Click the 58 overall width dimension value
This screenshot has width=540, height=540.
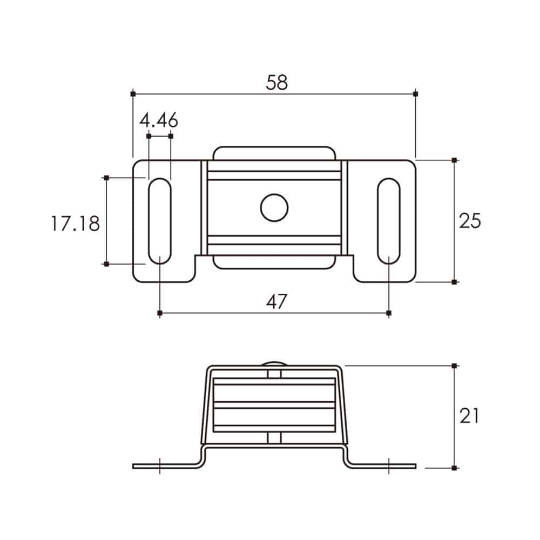pyautogui.click(x=276, y=83)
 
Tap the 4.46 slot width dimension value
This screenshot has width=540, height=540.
pyautogui.click(x=159, y=120)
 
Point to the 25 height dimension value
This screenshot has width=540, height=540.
pyautogui.click(x=470, y=221)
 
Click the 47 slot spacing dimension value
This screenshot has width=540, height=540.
pyautogui.click(x=276, y=302)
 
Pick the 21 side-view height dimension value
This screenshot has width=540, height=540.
pyautogui.click(x=469, y=416)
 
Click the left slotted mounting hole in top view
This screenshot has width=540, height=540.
pyautogui.click(x=160, y=221)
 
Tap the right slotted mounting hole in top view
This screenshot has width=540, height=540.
pyautogui.click(x=389, y=221)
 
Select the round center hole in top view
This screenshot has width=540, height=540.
pyautogui.click(x=274, y=208)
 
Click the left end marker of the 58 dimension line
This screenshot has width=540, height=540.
pyautogui.click(x=133, y=93)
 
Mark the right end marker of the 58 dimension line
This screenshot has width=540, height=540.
pyautogui.click(x=416, y=93)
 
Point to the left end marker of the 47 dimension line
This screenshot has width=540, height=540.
pyautogui.click(x=160, y=313)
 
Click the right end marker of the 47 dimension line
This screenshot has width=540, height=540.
pyautogui.click(x=389, y=313)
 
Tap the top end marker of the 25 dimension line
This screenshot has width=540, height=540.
pyautogui.click(x=454, y=160)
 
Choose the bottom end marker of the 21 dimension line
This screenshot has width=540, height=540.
pyautogui.click(x=454, y=468)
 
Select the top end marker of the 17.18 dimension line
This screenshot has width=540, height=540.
pyautogui.click(x=106, y=178)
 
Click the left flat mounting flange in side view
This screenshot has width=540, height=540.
pyautogui.click(x=166, y=467)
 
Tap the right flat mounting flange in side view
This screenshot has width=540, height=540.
pyautogui.click(x=383, y=467)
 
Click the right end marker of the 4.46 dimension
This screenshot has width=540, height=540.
pyautogui.click(x=171, y=136)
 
